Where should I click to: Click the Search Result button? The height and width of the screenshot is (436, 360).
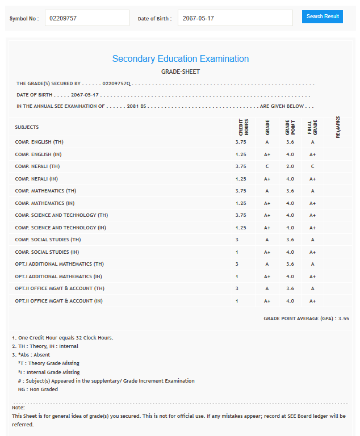(x=323, y=16)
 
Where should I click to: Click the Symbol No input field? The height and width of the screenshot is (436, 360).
(x=87, y=18)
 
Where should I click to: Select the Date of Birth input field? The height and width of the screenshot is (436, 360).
(x=235, y=18)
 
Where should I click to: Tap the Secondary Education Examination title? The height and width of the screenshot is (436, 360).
(x=180, y=59)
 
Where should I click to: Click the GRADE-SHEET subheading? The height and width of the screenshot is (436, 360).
(x=180, y=72)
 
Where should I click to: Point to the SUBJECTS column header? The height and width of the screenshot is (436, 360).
(x=27, y=127)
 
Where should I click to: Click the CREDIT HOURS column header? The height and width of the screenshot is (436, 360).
(x=243, y=127)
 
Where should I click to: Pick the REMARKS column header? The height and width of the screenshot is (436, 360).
(x=338, y=127)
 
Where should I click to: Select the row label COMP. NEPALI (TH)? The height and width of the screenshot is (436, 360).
(x=37, y=166)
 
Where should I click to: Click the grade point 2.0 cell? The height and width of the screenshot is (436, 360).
(x=290, y=166)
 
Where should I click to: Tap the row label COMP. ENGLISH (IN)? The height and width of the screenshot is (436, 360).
(x=37, y=154)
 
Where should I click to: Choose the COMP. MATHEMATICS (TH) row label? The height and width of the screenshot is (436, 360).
(x=45, y=191)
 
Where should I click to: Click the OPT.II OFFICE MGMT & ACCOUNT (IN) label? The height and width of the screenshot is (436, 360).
(x=59, y=301)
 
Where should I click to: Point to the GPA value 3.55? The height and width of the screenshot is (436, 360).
(x=343, y=318)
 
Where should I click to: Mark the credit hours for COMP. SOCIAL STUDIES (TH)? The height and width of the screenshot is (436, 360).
(x=237, y=240)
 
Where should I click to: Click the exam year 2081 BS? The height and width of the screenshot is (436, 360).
(x=136, y=106)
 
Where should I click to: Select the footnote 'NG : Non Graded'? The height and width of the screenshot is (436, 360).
(x=37, y=389)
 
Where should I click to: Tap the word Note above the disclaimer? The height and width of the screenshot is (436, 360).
(x=18, y=408)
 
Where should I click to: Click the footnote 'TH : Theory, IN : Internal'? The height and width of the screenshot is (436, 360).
(x=45, y=346)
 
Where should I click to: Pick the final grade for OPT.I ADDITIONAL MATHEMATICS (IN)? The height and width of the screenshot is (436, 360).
(x=312, y=276)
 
